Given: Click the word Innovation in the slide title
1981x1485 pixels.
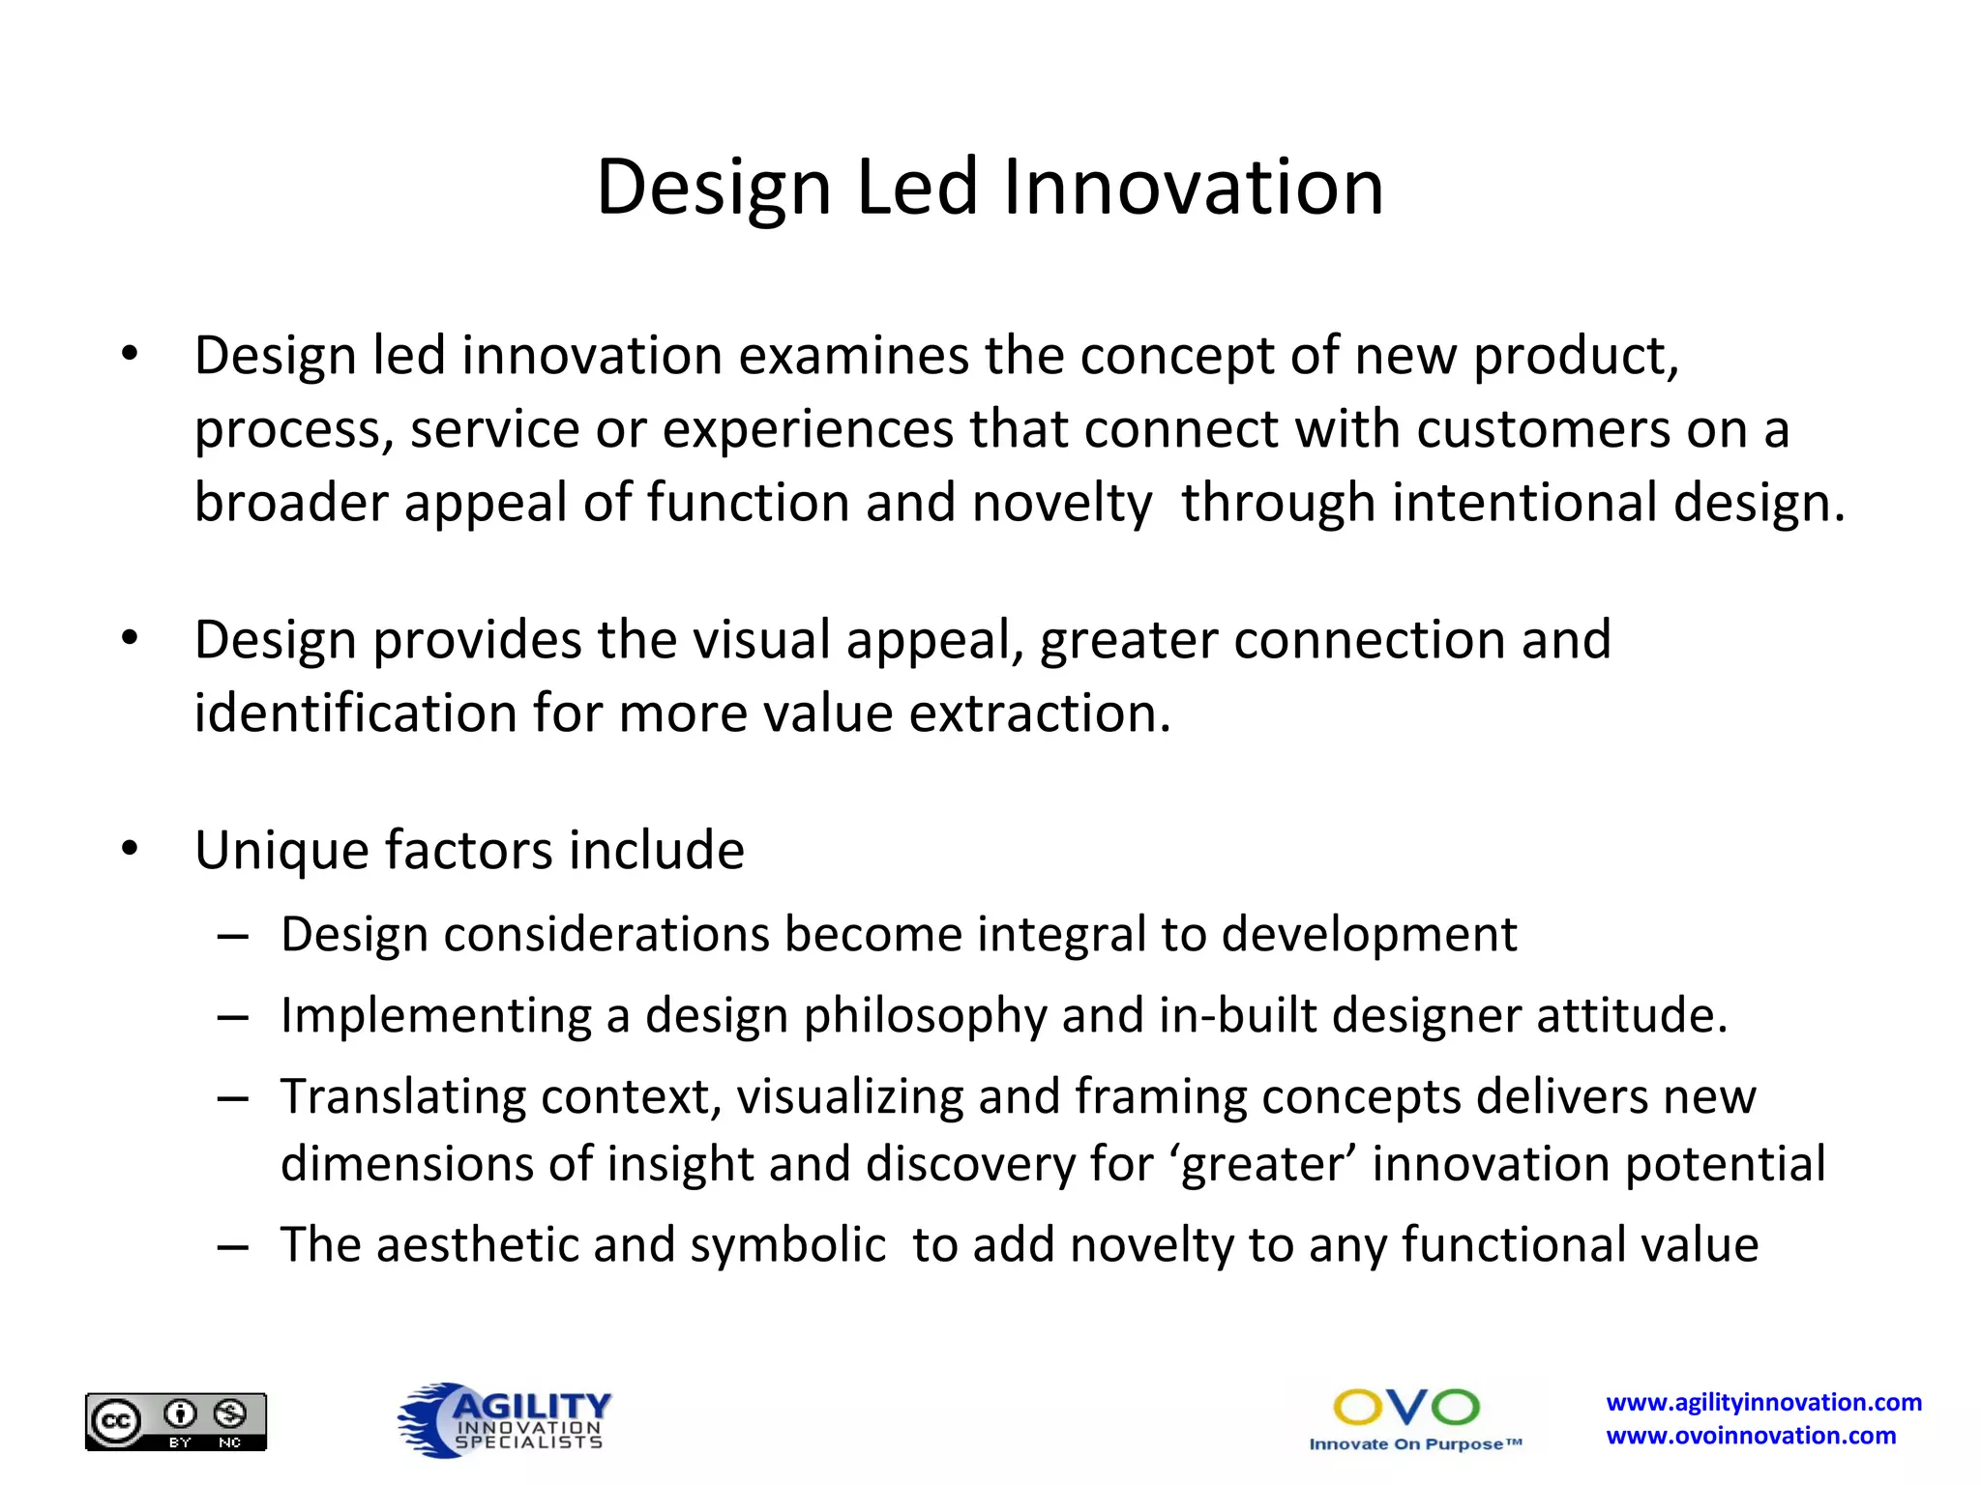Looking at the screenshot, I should (x=1193, y=187).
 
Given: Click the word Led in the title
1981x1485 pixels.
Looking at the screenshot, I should (x=916, y=187).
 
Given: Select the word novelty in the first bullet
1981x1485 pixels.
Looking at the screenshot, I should (x=1061, y=503).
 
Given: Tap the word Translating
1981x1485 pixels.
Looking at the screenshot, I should (x=402, y=1097).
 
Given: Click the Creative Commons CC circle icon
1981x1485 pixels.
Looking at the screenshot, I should (x=116, y=1421).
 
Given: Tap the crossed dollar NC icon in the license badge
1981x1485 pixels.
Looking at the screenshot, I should (x=230, y=1414).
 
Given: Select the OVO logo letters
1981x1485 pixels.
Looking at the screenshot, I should (x=1406, y=1408).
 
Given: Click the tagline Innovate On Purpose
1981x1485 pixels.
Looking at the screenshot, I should (x=1415, y=1444).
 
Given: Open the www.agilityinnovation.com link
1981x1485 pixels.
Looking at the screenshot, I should (x=1763, y=1402).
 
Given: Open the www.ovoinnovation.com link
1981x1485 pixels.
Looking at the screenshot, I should (x=1751, y=1436).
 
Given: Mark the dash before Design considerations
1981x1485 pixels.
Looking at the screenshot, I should (x=233, y=937).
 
